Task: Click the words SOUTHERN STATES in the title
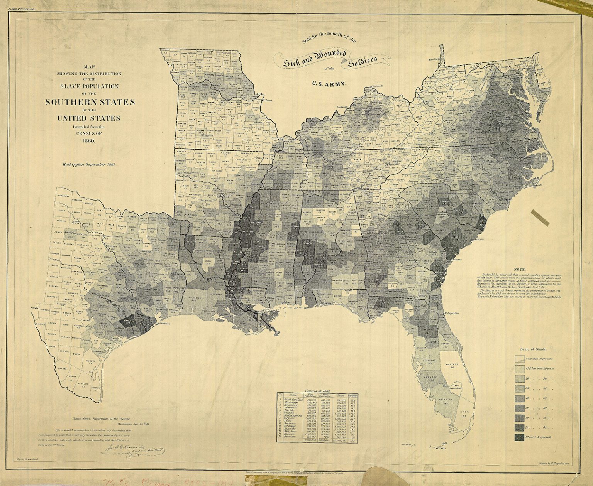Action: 90,102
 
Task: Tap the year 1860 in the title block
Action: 89,140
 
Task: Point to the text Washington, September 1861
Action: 89,164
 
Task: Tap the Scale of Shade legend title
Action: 533,349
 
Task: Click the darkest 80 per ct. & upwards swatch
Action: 519,437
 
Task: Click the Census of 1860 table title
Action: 317,391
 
